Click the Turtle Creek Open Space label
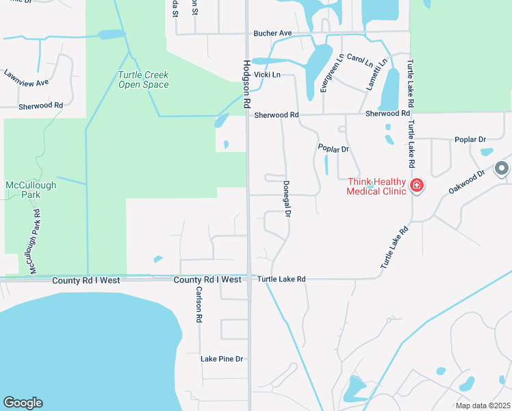(x=143, y=80)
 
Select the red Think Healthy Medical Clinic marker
(x=416, y=185)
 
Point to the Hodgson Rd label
(x=247, y=84)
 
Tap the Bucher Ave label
(x=272, y=33)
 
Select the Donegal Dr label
(x=287, y=200)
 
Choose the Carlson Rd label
(x=199, y=303)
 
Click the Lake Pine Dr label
(x=222, y=359)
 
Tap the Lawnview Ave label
(x=26, y=78)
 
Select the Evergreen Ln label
(x=332, y=72)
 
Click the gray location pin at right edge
(x=502, y=168)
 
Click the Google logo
(x=23, y=403)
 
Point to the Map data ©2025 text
(x=483, y=406)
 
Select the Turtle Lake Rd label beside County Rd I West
(x=281, y=279)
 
